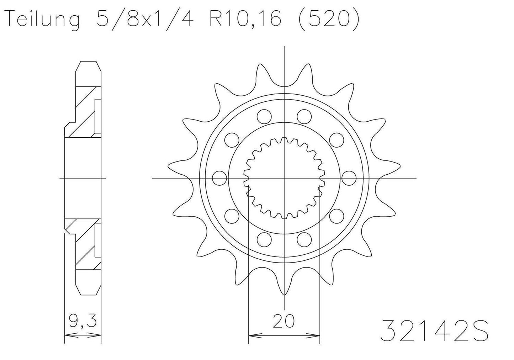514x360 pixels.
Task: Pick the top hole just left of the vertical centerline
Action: [264, 116]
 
